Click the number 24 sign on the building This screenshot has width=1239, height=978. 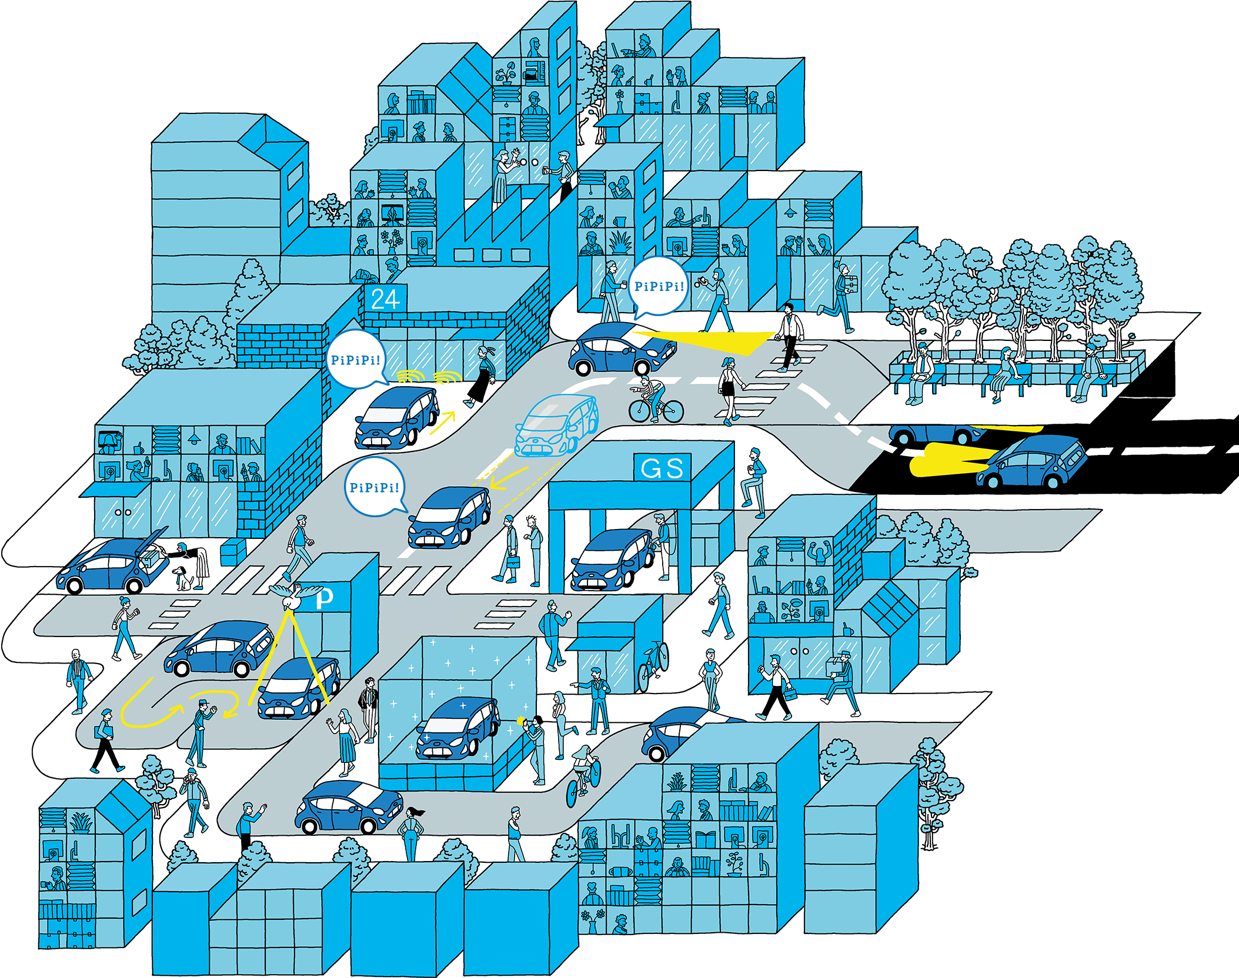pyautogui.click(x=385, y=300)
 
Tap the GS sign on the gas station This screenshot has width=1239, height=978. pyautogui.click(x=662, y=468)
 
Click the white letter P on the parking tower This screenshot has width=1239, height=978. pyautogui.click(x=325, y=598)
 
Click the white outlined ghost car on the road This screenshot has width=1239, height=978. pyautogui.click(x=556, y=426)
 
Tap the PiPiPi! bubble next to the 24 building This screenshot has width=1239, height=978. pyautogui.click(x=355, y=360)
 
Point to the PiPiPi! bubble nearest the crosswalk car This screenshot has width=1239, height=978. pyautogui.click(x=659, y=287)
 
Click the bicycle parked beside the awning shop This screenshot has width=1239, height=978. pyautogui.click(x=653, y=666)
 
